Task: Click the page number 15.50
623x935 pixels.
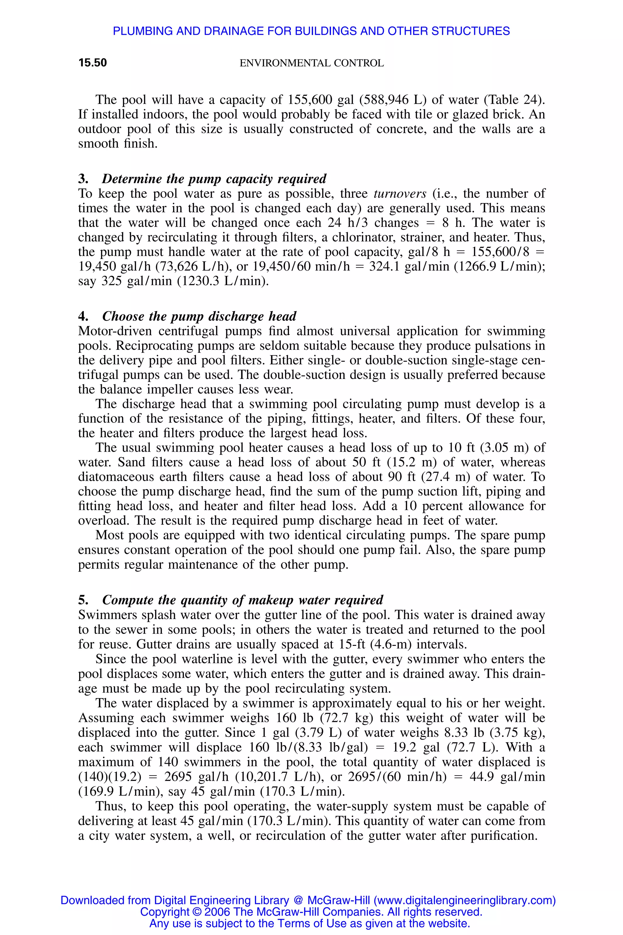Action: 92,63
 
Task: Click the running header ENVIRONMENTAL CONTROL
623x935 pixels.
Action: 311,63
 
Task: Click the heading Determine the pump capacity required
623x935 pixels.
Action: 214,178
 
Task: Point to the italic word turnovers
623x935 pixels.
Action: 400,194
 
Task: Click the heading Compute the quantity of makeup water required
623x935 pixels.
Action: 242,600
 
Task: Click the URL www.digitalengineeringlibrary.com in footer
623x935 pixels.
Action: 464,900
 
